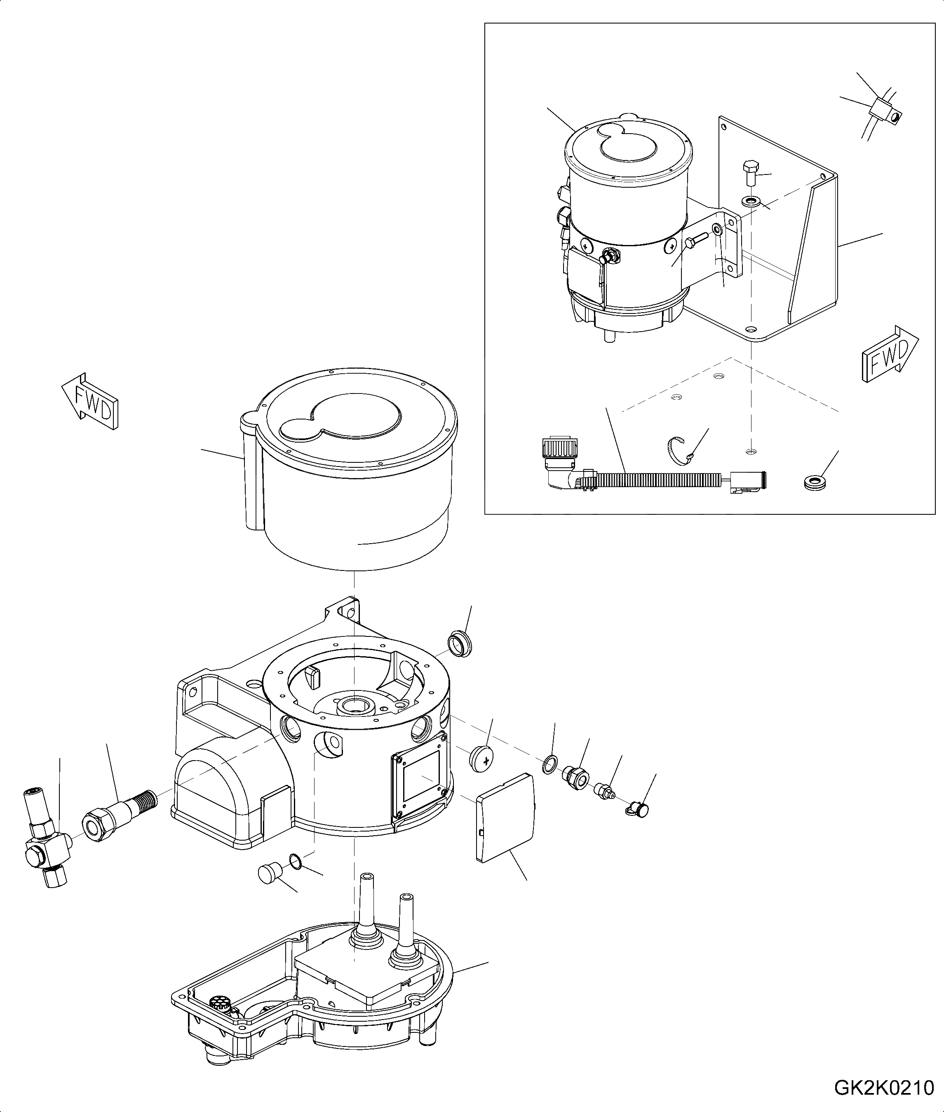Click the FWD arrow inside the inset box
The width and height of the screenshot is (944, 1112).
[890, 356]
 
